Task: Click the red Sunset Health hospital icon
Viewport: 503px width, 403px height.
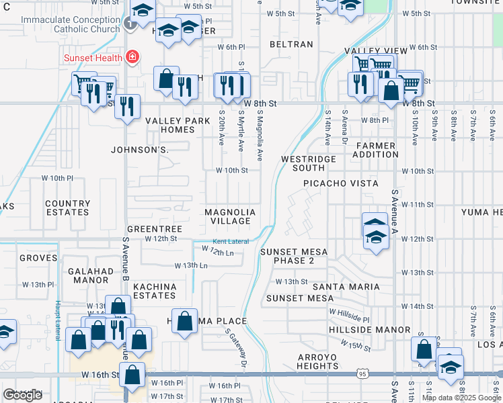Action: point(133,57)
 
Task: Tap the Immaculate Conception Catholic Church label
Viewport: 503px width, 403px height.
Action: point(69,25)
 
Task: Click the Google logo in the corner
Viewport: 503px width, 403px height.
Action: point(22,395)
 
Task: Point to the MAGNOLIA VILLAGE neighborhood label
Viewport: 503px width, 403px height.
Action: point(230,216)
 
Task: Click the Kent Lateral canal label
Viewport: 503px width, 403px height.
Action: point(231,242)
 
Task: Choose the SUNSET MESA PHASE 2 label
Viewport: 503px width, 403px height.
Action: point(294,257)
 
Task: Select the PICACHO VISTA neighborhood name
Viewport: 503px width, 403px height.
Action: point(340,183)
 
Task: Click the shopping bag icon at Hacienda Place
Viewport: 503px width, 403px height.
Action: point(185,321)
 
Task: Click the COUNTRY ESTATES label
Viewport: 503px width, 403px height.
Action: point(67,208)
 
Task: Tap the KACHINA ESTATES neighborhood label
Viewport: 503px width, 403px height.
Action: point(155,291)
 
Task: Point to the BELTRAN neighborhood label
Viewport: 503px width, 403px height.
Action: point(291,44)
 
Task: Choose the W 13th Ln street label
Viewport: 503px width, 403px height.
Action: point(191,266)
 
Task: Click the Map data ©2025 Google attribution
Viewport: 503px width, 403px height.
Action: point(461,398)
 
